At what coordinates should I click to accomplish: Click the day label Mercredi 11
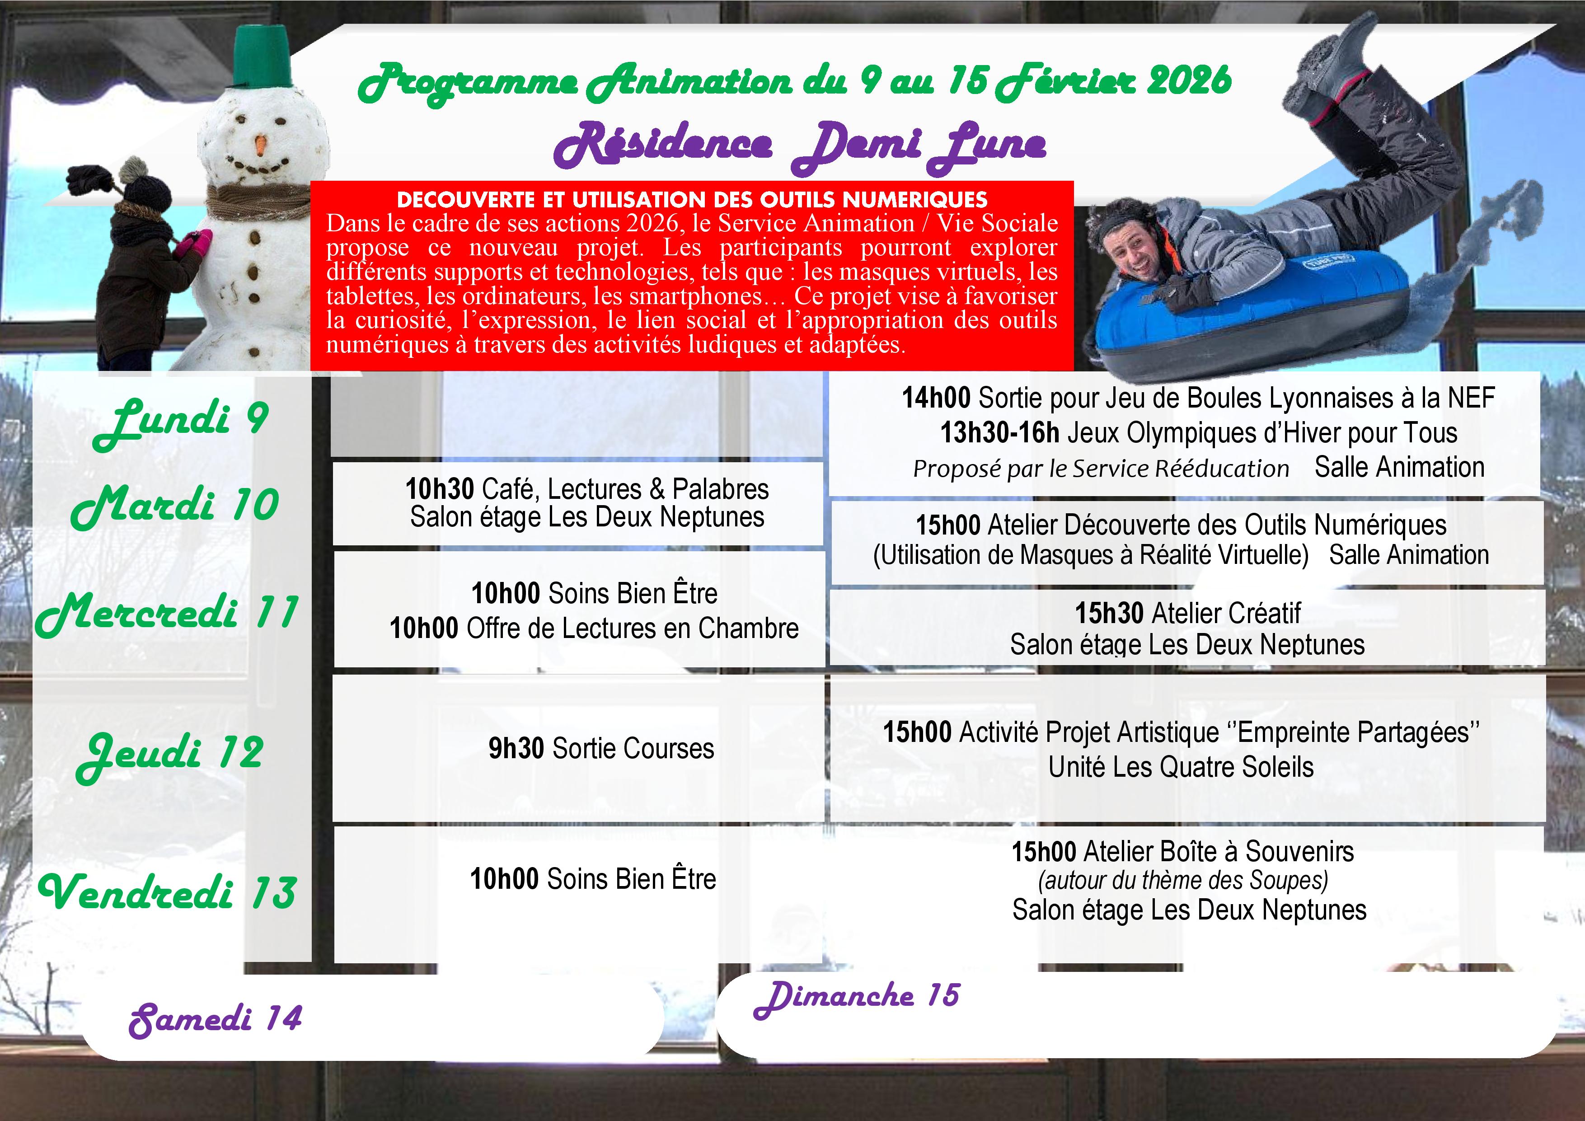167,614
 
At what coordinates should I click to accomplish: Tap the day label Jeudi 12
170,754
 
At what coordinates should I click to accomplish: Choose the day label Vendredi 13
168,892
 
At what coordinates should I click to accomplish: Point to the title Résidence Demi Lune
800,145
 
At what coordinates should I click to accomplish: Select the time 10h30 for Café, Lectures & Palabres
439,489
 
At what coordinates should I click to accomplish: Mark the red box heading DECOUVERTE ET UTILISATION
692,200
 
